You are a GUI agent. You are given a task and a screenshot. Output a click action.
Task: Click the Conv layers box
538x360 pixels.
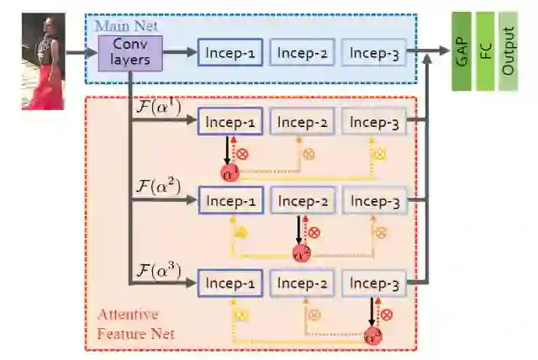click(x=129, y=52)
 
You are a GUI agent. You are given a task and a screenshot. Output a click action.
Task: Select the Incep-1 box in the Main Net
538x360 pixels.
click(x=230, y=54)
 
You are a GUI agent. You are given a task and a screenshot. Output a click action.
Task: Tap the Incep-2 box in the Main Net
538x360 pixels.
click(x=302, y=54)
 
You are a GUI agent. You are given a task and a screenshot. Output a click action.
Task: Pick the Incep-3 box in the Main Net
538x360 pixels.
click(x=373, y=54)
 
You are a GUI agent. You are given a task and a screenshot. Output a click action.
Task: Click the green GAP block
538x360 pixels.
click(x=462, y=51)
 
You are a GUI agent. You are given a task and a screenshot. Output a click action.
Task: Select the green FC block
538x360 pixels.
click(x=485, y=51)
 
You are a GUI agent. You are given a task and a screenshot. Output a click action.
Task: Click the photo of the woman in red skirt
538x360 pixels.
click(x=43, y=61)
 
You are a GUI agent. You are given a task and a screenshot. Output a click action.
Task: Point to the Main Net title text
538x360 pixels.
click(x=125, y=25)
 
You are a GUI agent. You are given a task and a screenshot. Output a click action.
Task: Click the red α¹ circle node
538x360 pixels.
click(x=229, y=173)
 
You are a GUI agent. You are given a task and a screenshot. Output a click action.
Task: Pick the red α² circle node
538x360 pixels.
click(x=301, y=252)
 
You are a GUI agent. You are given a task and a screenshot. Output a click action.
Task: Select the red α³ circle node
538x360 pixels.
click(x=372, y=336)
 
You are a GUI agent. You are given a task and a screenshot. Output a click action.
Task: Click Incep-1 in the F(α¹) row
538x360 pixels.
click(x=230, y=123)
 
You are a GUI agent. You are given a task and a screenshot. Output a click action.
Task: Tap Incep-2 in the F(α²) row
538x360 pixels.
click(x=302, y=201)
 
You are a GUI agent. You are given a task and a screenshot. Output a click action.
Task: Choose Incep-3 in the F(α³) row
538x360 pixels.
click(x=373, y=283)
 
